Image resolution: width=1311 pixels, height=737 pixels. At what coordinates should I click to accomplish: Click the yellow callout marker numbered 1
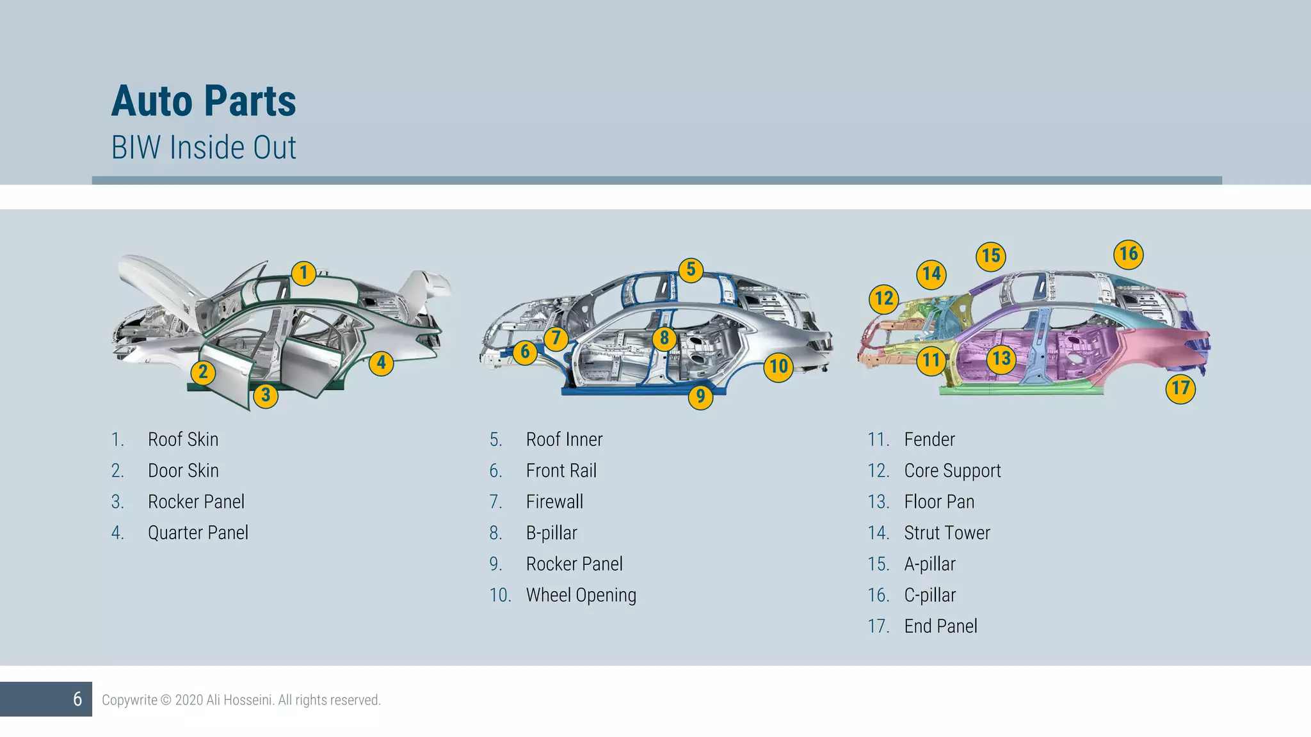(303, 273)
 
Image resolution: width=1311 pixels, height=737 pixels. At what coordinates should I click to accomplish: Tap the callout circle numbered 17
(1180, 388)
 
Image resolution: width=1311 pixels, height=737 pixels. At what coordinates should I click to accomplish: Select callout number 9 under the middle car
(700, 397)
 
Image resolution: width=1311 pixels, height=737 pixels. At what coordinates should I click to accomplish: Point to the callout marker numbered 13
(1001, 358)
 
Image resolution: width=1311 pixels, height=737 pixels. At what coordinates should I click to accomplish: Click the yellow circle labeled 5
(691, 269)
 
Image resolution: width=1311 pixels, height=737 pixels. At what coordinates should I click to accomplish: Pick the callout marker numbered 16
(1128, 254)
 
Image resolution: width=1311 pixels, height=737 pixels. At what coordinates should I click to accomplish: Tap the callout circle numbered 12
(884, 298)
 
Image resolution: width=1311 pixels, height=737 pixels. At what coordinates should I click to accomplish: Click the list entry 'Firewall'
(554, 502)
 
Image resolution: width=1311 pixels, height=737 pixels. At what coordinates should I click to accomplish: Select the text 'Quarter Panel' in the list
(198, 533)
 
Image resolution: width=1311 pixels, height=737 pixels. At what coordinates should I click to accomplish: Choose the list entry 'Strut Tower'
(947, 533)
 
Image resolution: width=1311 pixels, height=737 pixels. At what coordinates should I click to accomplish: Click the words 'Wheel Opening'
(581, 595)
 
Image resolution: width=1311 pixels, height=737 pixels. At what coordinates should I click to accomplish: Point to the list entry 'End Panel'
(940, 626)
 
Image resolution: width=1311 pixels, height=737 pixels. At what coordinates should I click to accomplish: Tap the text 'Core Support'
(952, 471)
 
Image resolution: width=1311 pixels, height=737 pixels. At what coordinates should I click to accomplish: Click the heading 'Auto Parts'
(204, 101)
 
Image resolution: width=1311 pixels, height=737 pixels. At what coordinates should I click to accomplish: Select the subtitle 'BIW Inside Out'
(204, 148)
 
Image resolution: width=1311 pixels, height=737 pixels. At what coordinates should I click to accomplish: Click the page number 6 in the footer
(77, 699)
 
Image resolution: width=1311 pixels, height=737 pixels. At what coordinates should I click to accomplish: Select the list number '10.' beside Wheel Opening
(500, 595)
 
